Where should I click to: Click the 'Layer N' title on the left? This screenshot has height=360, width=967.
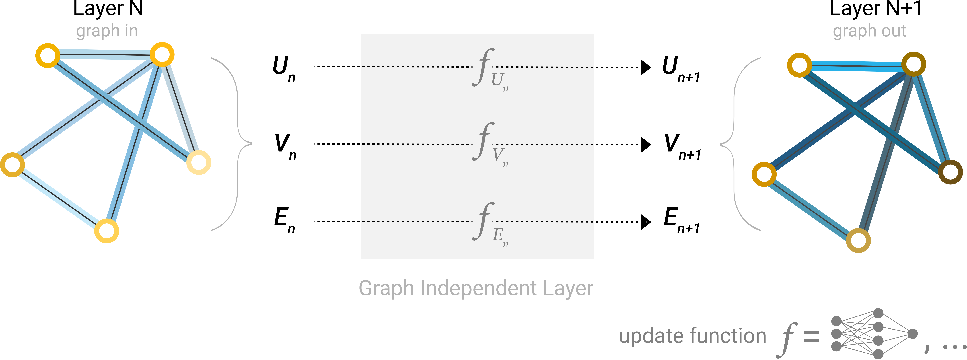click(108, 9)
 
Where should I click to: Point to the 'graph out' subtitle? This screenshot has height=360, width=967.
click(869, 31)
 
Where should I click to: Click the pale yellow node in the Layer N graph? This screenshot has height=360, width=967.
click(199, 162)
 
